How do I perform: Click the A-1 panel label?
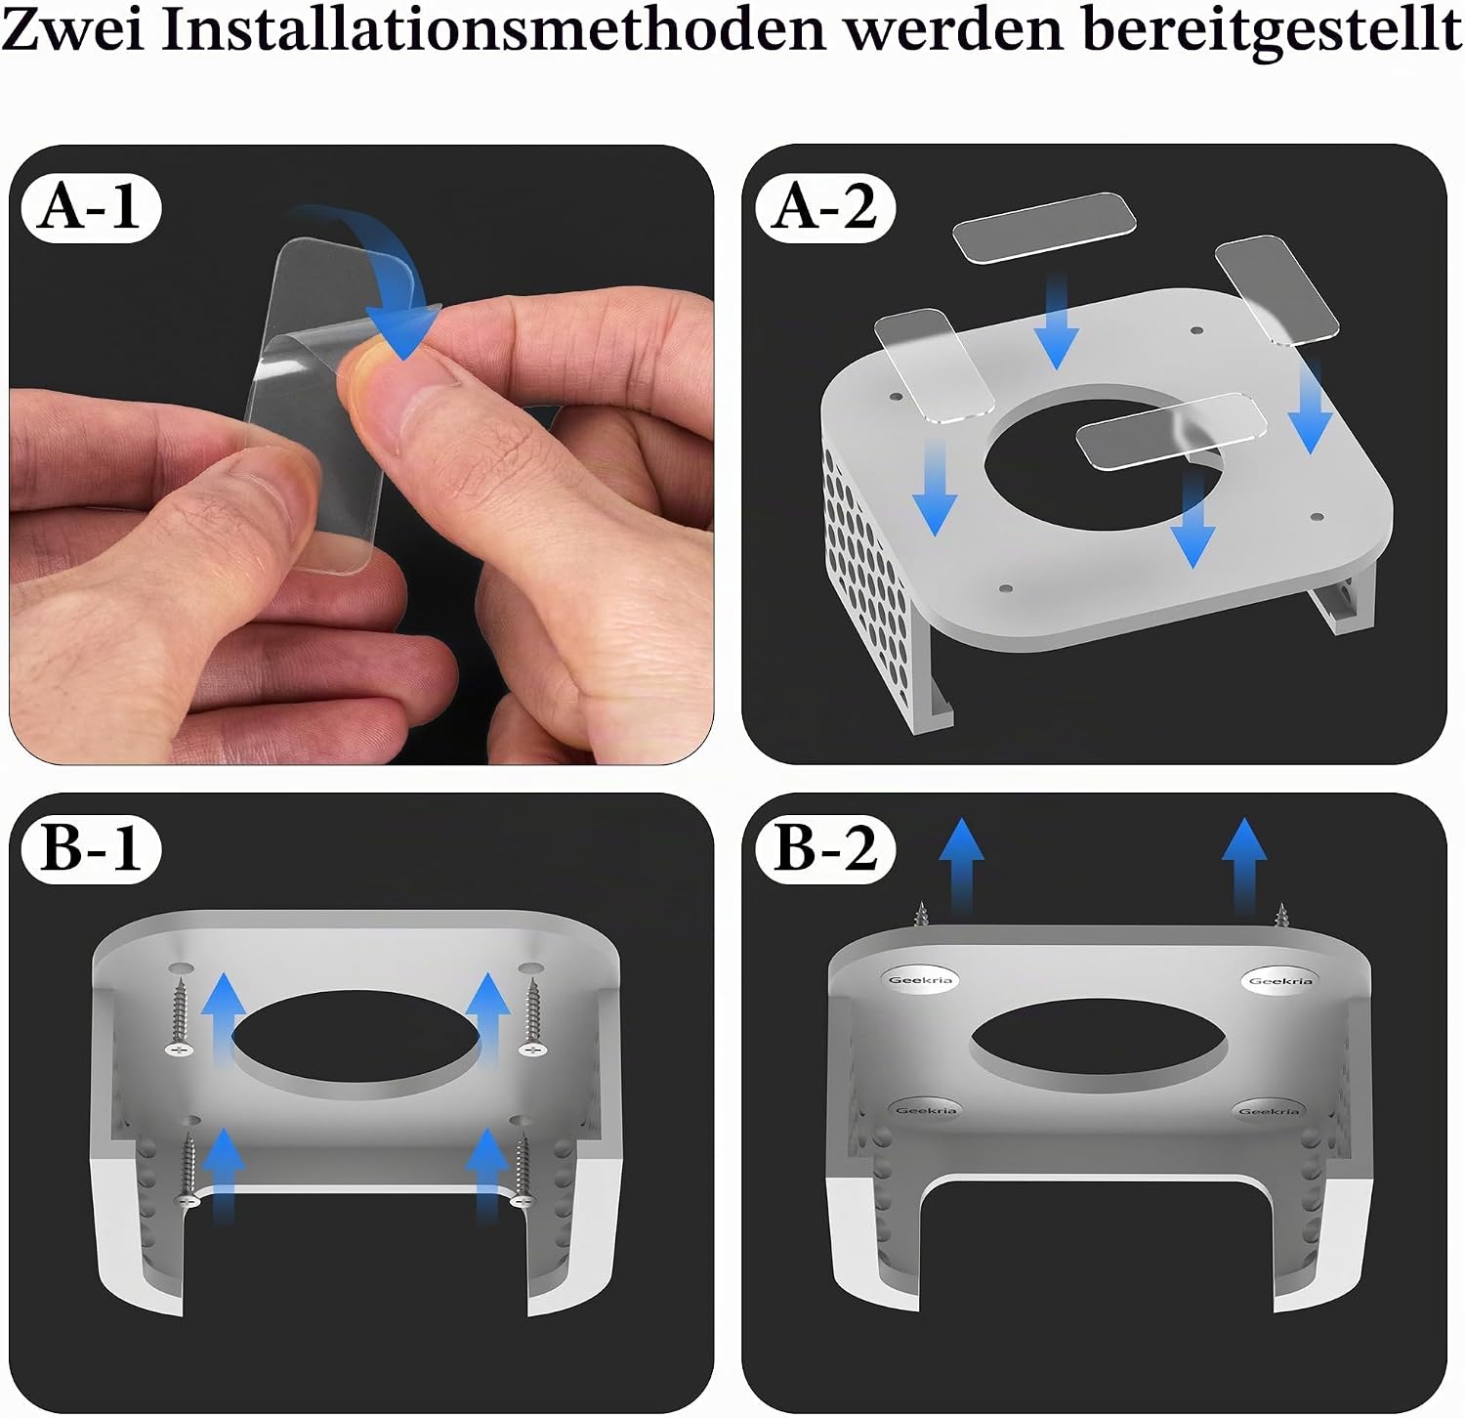click(90, 207)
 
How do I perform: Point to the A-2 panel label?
click(825, 207)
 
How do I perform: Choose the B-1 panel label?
click(91, 847)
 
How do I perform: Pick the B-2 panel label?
click(825, 847)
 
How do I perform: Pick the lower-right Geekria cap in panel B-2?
click(1269, 1111)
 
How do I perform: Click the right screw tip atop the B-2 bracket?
click(1280, 914)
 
